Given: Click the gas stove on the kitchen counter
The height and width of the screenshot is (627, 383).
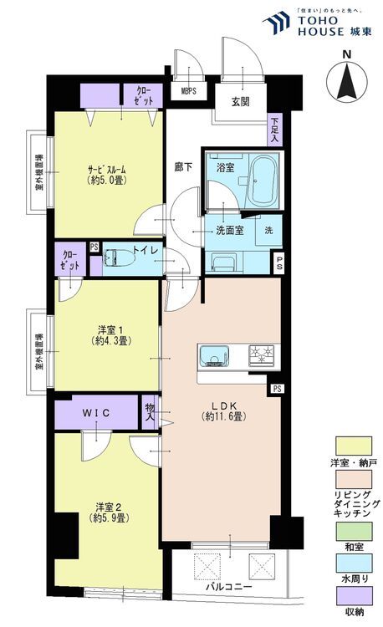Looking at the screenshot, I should pos(262,356).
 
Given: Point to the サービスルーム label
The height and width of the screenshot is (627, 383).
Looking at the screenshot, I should pos(109,176).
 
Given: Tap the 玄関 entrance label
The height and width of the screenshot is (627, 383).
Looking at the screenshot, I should pos(243,103).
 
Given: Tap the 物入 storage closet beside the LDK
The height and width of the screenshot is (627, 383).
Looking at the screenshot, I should pos(151,410).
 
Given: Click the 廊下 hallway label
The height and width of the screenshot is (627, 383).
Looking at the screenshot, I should pos(183,166).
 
